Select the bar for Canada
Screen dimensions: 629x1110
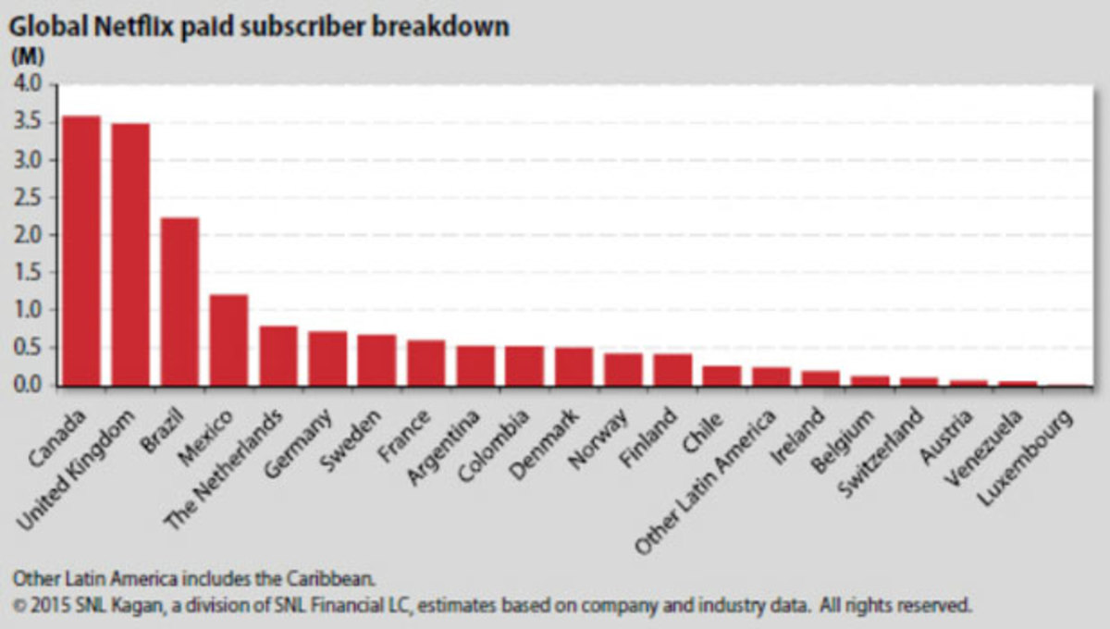tap(80, 250)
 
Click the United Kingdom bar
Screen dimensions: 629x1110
tap(130, 254)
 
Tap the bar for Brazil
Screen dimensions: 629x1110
tap(179, 302)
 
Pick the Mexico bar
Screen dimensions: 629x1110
tap(228, 339)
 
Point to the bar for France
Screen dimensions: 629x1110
tap(425, 363)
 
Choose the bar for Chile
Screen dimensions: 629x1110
tap(721, 376)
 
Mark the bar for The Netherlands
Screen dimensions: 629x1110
tap(277, 355)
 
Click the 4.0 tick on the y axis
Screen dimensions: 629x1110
tap(28, 85)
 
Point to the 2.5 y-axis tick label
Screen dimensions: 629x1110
tap(28, 198)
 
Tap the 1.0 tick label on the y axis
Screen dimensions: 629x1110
tap(28, 311)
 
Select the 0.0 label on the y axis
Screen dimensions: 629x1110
tap(28, 386)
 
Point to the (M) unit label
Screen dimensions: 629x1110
tap(22, 56)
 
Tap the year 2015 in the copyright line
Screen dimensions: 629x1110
tap(46, 606)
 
